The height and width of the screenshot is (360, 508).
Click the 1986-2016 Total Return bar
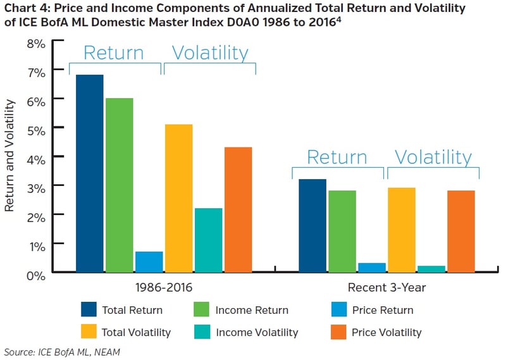89,173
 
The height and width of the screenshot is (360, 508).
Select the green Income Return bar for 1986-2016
119,185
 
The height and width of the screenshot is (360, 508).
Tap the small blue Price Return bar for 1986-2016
149,261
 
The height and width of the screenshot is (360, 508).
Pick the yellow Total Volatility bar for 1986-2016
178,197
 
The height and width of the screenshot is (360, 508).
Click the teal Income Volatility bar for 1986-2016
208,240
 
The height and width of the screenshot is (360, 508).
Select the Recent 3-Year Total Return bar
312,225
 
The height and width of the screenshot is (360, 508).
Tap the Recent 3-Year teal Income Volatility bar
431,268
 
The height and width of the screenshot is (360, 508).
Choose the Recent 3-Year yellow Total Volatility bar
401,230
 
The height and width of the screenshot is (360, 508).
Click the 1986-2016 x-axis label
163,288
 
